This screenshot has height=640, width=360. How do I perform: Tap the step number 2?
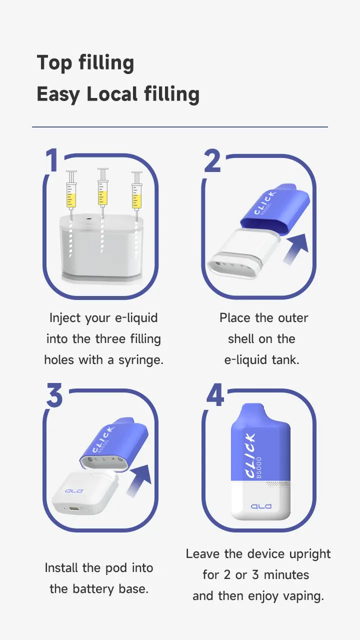click(x=212, y=160)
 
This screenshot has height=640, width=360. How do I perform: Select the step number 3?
click(x=54, y=395)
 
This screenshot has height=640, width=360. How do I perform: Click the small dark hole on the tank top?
click(x=87, y=218)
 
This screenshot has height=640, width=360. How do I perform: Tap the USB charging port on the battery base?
click(x=74, y=509)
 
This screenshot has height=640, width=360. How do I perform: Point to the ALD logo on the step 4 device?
click(x=261, y=506)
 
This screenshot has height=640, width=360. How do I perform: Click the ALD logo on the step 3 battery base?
click(x=74, y=491)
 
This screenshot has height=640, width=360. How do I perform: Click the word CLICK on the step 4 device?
click(x=250, y=455)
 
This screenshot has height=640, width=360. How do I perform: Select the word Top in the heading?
click(x=54, y=63)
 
